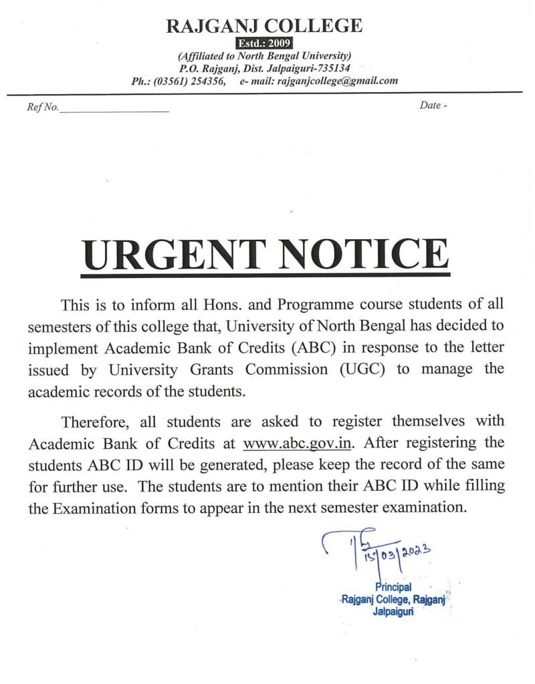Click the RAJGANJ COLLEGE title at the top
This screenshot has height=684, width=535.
264,26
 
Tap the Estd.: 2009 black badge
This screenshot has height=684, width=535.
264,44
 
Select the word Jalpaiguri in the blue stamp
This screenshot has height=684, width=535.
393,611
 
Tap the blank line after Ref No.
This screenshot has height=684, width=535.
114,110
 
